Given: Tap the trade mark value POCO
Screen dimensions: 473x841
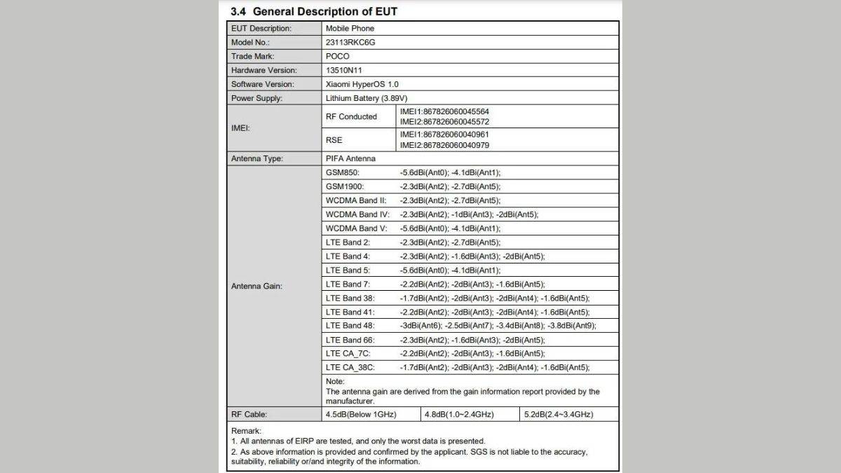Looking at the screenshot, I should coord(338,56).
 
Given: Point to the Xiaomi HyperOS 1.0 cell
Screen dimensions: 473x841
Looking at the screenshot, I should coord(362,84).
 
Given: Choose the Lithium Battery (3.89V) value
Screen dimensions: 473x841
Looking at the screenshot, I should coord(367,98).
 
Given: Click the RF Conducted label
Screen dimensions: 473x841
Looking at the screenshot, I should coord(351,116).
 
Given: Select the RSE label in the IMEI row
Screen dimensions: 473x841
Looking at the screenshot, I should coord(334,140).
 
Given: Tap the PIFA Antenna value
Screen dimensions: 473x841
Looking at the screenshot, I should coord(350,158).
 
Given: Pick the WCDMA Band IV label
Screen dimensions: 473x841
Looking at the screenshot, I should coord(357,214).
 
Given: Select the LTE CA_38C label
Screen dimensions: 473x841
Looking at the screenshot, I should coord(350,367).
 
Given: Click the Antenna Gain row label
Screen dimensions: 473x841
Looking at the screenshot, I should coord(257,286).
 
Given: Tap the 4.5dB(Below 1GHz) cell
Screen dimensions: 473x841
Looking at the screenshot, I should coord(361,414).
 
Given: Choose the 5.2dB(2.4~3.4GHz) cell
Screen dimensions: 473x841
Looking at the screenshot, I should coord(559,414).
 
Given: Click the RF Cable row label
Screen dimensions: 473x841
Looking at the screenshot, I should coord(249,414).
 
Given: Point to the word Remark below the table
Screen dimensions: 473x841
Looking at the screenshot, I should coord(245,431).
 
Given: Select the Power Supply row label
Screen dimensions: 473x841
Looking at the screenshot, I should coord(257,98).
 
